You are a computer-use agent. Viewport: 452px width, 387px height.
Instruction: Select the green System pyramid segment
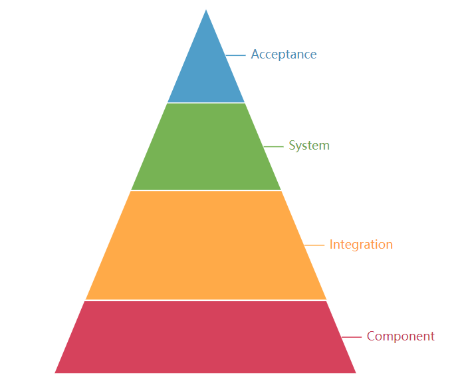point(206,146)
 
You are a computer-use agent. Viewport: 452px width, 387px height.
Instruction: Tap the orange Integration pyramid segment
point(206,245)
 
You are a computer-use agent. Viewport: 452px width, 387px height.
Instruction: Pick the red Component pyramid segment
point(206,336)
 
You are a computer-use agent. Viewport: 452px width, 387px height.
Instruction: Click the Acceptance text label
point(284,55)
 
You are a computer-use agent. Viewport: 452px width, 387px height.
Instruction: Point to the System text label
point(309,146)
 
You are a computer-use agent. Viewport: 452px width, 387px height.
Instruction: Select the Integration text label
point(361,245)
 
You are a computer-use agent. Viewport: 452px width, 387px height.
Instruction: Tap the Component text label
point(401,336)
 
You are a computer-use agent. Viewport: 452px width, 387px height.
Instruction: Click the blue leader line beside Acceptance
point(235,55)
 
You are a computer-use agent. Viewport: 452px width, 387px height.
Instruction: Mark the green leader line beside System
point(273,146)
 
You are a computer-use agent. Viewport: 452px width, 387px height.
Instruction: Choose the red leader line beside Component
point(352,337)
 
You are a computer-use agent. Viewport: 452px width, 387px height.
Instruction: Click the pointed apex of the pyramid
point(206,11)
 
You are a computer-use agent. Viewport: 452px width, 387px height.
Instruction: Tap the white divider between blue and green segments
point(206,103)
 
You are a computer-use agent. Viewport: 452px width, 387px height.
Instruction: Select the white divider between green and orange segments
point(206,190)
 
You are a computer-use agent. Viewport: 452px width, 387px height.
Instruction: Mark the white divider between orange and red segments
point(206,300)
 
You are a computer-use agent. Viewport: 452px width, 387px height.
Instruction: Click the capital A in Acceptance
point(255,55)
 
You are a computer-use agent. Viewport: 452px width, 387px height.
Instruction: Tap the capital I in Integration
point(331,245)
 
